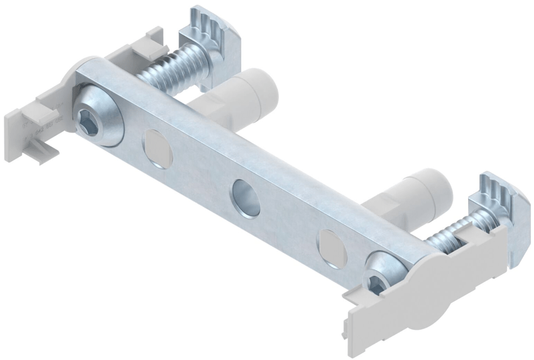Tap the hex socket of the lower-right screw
(376, 284)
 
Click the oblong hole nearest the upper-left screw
(158, 148)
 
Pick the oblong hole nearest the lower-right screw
(332, 248)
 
